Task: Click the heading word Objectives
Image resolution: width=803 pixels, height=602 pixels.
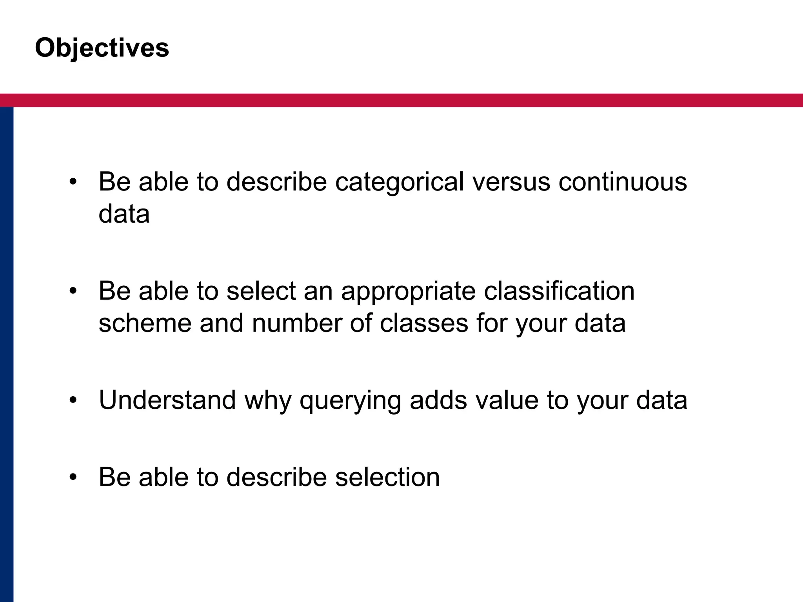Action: (102, 48)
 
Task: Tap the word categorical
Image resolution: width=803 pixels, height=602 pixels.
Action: (400, 182)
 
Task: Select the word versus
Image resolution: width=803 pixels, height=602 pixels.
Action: (511, 182)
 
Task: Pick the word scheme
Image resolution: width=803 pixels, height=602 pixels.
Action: (145, 323)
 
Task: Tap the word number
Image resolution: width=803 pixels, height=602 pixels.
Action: (297, 323)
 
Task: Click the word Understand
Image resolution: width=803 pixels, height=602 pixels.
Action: (167, 400)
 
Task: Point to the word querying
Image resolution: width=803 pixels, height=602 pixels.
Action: (350, 401)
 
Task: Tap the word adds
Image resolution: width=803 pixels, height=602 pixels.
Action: (438, 400)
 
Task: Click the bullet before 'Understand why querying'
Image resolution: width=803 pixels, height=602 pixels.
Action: (73, 401)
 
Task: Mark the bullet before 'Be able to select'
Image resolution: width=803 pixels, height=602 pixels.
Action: (73, 292)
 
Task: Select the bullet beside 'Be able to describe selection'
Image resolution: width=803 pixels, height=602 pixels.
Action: (73, 477)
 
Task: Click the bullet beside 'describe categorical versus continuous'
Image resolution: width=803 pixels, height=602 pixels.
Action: (73, 182)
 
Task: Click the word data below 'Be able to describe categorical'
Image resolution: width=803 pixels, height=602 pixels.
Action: (124, 214)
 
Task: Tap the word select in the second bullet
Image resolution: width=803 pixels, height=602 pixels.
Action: (261, 291)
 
